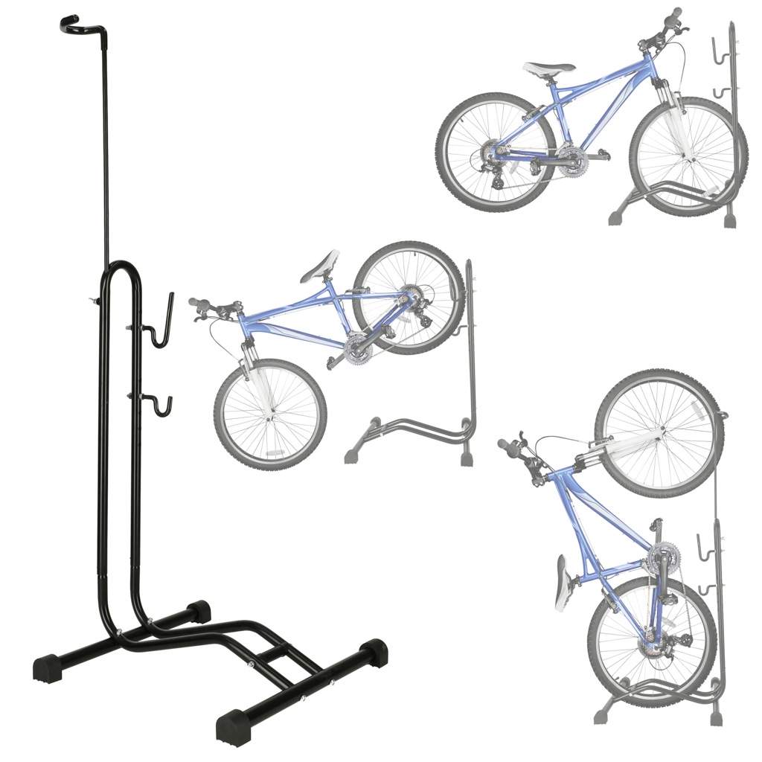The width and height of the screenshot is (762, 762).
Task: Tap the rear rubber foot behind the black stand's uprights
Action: [x=199, y=612]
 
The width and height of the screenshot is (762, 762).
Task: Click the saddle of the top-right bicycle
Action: [x=548, y=68]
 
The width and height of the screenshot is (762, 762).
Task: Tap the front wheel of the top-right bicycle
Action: [x=688, y=156]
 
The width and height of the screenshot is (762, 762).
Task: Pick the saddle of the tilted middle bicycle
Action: [x=321, y=266]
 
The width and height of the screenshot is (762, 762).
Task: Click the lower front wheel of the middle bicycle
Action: [x=269, y=414]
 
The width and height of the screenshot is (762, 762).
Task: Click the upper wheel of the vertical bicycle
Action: [x=659, y=432]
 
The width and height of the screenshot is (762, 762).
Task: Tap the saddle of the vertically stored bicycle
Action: [x=565, y=581]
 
